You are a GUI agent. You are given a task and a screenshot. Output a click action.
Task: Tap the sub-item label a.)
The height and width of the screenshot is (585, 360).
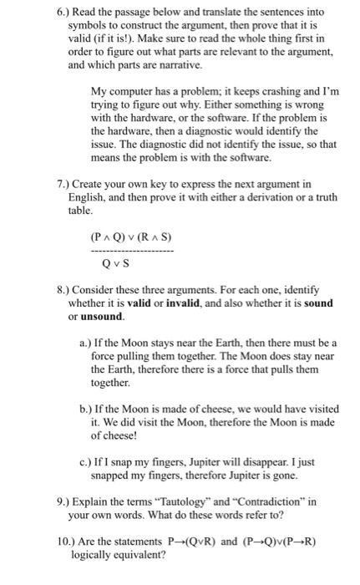(x=85, y=343)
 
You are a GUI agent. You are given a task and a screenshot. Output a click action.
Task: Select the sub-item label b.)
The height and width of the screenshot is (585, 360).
(x=85, y=409)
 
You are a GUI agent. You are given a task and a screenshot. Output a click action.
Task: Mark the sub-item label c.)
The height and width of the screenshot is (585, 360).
(x=85, y=462)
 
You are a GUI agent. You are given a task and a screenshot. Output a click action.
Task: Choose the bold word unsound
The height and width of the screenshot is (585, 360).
(x=102, y=317)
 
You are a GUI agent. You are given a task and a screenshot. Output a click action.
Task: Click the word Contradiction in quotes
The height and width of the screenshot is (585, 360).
(x=272, y=502)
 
